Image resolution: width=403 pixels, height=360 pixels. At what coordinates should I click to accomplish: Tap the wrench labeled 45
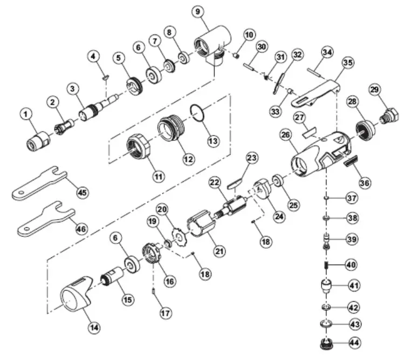coord(38,182)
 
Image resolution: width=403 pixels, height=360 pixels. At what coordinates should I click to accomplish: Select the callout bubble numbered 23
coord(252,158)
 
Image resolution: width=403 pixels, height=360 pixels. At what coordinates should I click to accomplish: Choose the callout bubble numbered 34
coord(327,52)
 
